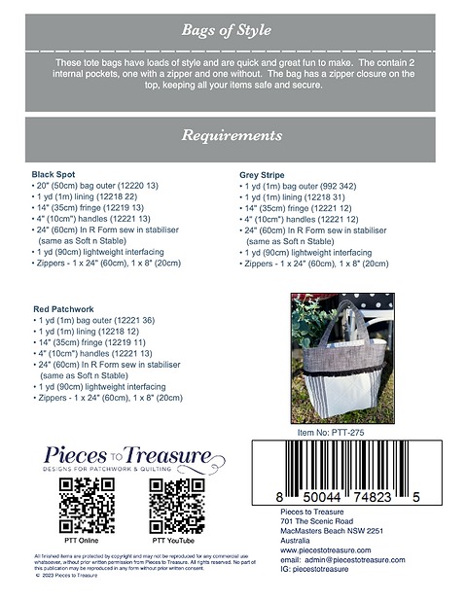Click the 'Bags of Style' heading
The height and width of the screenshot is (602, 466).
[232, 32]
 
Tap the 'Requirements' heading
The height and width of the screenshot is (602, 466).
[232, 136]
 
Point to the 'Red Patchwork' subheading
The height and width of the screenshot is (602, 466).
[65, 307]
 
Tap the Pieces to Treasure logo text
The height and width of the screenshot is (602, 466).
[127, 455]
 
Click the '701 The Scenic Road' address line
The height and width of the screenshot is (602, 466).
[303, 520]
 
